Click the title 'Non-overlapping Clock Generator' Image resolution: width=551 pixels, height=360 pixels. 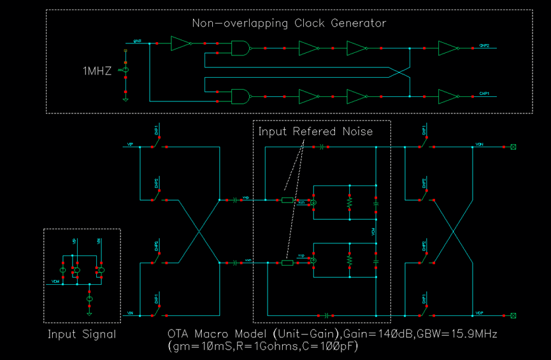click(289, 24)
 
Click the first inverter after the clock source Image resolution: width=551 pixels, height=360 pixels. click(181, 43)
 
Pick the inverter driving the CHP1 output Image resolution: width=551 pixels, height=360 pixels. click(448, 96)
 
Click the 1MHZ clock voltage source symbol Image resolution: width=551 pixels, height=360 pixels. click(125, 70)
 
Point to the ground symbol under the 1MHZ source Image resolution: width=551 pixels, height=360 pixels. click(125, 98)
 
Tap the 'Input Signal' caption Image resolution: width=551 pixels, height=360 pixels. click(82, 334)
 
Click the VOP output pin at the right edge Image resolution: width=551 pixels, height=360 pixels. click(513, 315)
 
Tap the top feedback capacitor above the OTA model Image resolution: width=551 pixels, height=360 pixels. click(323, 147)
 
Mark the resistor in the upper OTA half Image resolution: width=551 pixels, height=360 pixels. click(349, 203)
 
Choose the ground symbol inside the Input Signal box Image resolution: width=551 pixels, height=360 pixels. click(90, 312)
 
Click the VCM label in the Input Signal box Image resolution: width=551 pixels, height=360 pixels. click(56, 281)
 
